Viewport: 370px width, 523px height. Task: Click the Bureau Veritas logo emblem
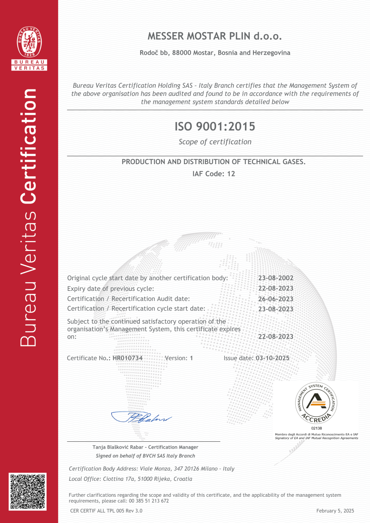(29, 42)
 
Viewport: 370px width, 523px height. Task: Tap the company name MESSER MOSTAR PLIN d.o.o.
(215, 36)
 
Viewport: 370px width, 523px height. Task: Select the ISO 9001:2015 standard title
(215, 126)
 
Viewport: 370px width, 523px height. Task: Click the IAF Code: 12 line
(214, 174)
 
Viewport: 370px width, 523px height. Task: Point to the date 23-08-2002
(276, 278)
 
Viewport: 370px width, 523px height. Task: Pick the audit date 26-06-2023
(276, 299)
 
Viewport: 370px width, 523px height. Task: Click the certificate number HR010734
(128, 358)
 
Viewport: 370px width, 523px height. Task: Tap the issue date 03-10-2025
(273, 358)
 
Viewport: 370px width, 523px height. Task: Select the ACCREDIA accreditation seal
(316, 403)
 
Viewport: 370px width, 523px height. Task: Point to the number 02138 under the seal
(316, 428)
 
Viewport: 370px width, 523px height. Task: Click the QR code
(28, 492)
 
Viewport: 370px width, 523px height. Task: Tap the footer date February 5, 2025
(335, 511)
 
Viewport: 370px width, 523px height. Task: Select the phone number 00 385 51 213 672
(149, 501)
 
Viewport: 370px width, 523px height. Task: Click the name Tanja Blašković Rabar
(118, 447)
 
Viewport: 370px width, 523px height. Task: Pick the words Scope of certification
(215, 142)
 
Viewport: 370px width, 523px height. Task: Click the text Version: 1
(179, 358)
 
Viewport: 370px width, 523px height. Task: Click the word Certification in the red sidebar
(29, 146)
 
